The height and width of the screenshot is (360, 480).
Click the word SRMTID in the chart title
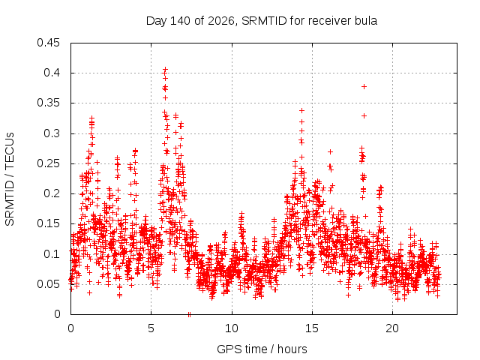pos(264,21)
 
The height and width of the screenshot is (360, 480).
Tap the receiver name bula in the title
pos(366,21)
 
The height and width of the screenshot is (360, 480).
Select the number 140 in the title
pos(181,21)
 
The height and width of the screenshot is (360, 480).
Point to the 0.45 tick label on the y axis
pos(48,43)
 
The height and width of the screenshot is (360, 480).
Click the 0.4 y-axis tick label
pos(52,73)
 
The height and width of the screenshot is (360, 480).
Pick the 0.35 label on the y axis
pos(48,103)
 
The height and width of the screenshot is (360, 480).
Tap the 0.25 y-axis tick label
pos(48,163)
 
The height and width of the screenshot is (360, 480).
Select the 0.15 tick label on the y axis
pos(48,223)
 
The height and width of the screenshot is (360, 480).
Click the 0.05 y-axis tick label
pos(48,284)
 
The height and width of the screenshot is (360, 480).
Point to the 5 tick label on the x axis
pos(151,328)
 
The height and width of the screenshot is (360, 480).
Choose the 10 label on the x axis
pos(232,328)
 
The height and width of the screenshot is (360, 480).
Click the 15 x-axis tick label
pos(312,328)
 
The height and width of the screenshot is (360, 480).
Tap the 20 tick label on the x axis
pos(392,328)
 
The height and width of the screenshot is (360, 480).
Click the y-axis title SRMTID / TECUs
pos(10,179)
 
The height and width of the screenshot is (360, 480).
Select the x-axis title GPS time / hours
pos(262,349)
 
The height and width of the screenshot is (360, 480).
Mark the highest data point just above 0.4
pos(165,69)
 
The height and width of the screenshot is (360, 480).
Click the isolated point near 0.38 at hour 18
pos(364,87)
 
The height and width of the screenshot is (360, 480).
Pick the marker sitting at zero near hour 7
pos(189,314)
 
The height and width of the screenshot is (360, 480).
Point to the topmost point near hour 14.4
pos(301,110)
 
